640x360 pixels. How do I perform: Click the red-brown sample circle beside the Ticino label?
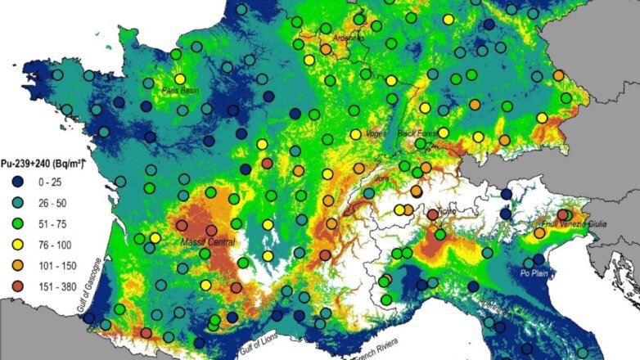click(433, 215)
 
